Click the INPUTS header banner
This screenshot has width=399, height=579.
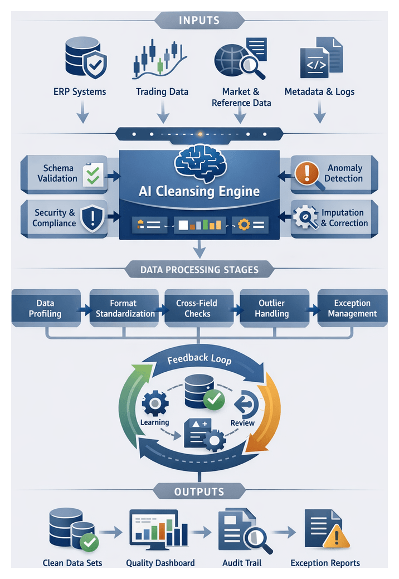[199, 21]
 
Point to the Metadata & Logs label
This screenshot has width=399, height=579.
[319, 92]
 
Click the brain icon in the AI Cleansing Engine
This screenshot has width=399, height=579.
[199, 160]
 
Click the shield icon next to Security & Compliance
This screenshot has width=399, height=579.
[92, 217]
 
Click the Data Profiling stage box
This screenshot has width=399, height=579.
[46, 308]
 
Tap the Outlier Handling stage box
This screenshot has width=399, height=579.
[272, 308]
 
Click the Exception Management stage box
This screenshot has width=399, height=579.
[352, 308]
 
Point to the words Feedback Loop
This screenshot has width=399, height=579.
[199, 359]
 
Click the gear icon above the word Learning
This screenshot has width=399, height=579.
[155, 402]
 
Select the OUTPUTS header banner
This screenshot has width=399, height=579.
[199, 492]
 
